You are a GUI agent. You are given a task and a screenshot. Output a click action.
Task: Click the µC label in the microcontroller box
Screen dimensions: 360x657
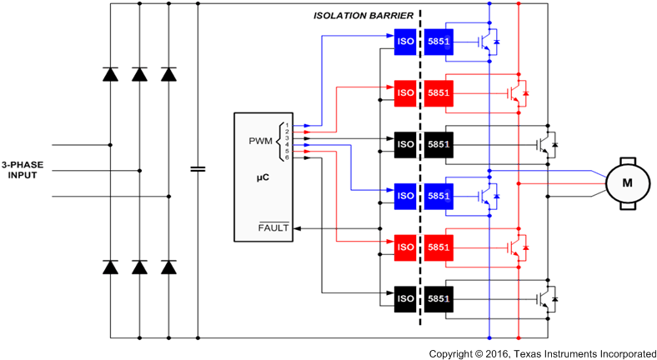(x=263, y=177)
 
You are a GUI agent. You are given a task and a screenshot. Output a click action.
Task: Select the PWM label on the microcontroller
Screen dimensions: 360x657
(x=261, y=141)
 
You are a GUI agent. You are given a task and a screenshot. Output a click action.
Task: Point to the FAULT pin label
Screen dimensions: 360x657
(x=273, y=227)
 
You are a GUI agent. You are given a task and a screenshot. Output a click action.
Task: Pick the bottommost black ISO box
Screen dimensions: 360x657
(x=404, y=298)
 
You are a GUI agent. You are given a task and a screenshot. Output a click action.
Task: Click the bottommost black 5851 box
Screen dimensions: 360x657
(x=439, y=298)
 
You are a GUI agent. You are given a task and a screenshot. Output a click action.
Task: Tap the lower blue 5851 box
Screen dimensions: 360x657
(x=439, y=196)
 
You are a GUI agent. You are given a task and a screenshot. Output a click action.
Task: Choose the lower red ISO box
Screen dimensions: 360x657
(x=404, y=247)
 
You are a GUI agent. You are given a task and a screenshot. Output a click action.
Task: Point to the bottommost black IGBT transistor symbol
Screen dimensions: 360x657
(x=546, y=298)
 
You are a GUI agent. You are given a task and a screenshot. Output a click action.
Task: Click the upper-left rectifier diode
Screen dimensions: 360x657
(x=110, y=74)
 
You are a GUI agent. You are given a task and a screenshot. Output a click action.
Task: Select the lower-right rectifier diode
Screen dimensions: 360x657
(x=168, y=267)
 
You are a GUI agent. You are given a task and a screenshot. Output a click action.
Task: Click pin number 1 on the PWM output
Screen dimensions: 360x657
(x=287, y=125)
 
